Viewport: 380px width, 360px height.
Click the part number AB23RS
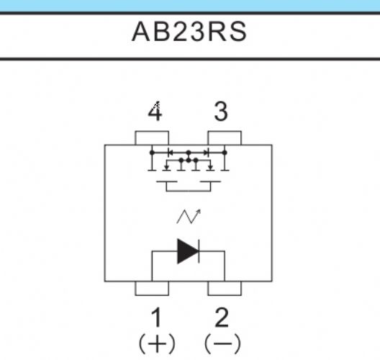tap(189, 32)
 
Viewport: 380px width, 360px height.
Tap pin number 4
tap(155, 112)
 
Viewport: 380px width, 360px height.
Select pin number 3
tap(221, 112)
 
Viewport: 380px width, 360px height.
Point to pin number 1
tap(156, 317)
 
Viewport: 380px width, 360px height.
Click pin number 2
tap(222, 317)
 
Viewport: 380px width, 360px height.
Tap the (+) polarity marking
tap(157, 344)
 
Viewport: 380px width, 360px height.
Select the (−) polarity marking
tap(222, 344)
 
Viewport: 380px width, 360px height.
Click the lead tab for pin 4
tap(152, 138)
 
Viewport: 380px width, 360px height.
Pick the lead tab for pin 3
tap(225, 138)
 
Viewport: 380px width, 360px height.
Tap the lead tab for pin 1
tap(152, 289)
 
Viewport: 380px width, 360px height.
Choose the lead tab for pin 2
tap(225, 289)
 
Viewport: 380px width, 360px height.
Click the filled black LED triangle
tap(187, 251)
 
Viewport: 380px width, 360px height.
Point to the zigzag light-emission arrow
tap(189, 216)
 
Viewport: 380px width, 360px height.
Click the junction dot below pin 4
tap(152, 153)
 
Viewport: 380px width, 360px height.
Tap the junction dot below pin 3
tap(225, 153)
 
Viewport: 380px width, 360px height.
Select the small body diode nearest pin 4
tap(170, 153)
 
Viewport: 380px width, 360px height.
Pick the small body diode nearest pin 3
tap(207, 153)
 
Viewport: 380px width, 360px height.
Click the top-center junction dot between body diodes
tap(189, 153)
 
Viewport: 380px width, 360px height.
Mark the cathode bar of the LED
tap(199, 251)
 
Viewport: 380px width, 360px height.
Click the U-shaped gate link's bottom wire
tap(189, 192)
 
